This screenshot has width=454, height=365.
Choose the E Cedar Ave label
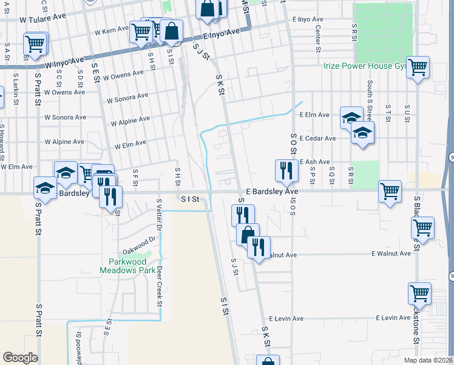click(x=317, y=139)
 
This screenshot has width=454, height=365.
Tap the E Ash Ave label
click(x=314, y=162)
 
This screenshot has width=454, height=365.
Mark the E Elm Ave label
click(x=314, y=114)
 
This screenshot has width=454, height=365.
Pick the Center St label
click(x=318, y=40)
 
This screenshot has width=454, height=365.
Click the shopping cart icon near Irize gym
click(x=418, y=68)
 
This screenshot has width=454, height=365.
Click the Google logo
click(x=20, y=358)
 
